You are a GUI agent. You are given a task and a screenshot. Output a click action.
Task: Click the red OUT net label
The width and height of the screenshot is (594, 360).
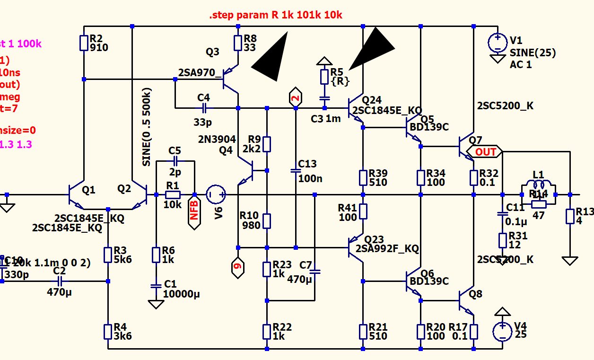[485, 152]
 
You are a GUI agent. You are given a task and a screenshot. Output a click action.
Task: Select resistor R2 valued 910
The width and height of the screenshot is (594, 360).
[84, 43]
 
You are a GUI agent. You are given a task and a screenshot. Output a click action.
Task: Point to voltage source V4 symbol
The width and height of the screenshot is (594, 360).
[502, 331]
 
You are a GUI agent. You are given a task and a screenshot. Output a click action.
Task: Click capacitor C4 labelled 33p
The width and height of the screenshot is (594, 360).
[203, 108]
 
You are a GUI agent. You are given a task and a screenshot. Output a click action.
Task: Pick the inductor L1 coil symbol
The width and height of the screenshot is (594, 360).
[538, 185]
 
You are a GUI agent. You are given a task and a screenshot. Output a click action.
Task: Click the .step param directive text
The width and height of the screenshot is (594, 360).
[276, 15]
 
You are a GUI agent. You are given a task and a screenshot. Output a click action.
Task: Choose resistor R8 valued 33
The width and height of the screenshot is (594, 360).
[237, 43]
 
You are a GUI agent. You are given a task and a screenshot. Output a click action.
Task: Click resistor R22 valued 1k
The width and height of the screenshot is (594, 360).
[267, 331]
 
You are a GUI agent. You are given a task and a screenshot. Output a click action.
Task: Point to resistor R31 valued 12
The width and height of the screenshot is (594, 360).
[502, 240]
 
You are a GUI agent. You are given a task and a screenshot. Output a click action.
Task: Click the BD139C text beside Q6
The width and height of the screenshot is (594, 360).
[429, 281]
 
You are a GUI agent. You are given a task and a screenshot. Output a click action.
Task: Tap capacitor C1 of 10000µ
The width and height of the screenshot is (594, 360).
[156, 286]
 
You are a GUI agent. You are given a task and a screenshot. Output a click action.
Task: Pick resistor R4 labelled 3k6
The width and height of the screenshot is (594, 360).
[108, 331]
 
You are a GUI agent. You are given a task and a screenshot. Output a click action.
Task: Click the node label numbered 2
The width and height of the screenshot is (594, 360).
[296, 98]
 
